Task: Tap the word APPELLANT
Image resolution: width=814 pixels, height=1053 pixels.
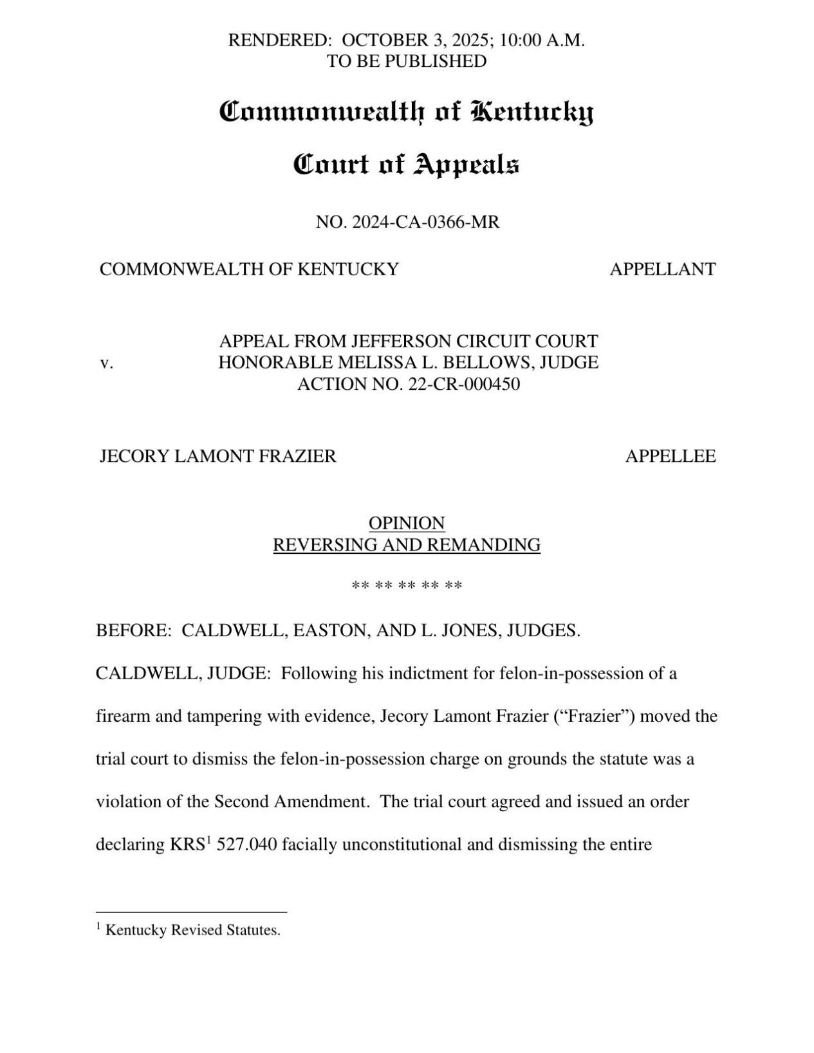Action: (662, 269)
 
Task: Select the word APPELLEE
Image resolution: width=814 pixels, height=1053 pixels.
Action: (670, 456)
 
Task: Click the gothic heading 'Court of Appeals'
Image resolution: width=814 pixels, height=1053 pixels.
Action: (406, 165)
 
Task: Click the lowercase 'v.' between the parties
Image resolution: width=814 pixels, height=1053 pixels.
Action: (106, 363)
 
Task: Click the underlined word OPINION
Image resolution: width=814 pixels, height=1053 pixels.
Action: (406, 522)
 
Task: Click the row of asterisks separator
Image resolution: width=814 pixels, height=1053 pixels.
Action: (407, 586)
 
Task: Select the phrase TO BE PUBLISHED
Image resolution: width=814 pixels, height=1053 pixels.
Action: (406, 61)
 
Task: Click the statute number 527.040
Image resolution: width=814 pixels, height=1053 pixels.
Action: (247, 845)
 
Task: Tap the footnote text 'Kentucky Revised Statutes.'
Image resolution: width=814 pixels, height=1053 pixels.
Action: (192, 930)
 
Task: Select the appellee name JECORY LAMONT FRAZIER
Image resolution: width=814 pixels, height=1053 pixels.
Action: (217, 456)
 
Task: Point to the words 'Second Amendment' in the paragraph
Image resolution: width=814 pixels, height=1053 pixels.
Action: (291, 802)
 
